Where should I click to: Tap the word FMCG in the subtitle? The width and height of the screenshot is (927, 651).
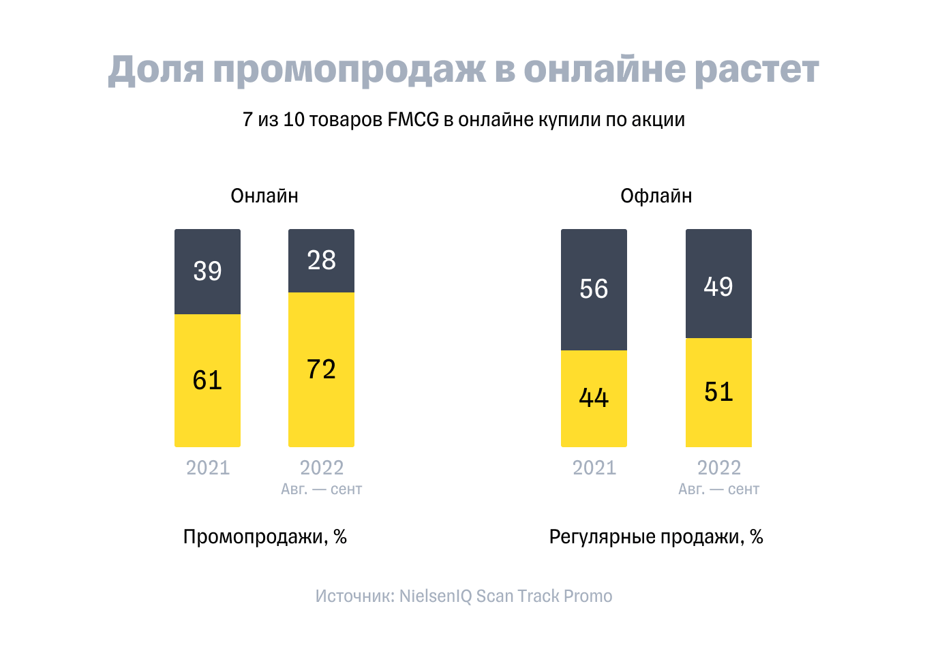413,120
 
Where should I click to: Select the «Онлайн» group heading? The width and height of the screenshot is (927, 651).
264,196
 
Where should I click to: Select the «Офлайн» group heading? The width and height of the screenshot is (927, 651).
656,196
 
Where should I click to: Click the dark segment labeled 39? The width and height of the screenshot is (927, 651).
207,271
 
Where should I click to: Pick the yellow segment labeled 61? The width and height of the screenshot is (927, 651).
207,380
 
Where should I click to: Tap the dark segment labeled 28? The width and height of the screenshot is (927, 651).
321,260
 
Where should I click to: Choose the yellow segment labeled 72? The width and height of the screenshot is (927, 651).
321,369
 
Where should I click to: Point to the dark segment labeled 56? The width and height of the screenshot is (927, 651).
594,289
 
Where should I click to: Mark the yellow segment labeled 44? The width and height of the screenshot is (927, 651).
594,398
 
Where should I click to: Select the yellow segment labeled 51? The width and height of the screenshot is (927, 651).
718,393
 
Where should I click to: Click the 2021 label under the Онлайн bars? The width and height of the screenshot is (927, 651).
208,468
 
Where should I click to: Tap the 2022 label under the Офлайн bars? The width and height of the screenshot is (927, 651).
718,468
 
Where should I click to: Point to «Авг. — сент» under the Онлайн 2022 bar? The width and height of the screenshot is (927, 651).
321,489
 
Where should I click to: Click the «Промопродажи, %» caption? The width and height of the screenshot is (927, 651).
265,537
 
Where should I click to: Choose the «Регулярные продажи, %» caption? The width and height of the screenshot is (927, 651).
656,537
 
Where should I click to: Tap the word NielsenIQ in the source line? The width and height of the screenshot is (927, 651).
436,596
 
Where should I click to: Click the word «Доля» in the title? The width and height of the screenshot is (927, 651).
156,70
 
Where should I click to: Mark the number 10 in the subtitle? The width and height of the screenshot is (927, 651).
293,120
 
